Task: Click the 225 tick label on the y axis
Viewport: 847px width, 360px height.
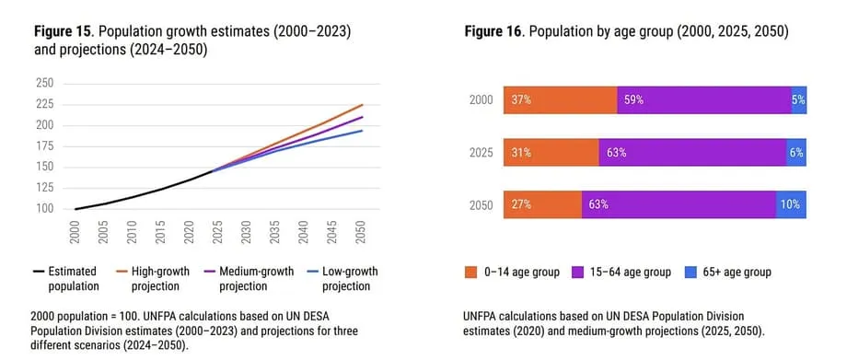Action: pos(46,104)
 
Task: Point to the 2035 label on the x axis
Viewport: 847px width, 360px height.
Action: pos(273,232)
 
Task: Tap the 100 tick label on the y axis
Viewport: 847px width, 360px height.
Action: pos(46,209)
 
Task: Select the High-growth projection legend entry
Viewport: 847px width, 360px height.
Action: pos(153,278)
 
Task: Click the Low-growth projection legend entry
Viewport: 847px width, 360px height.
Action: pos(342,278)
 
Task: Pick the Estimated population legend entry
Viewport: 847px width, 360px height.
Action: pos(64,278)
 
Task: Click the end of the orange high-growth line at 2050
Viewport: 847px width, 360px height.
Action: pos(363,104)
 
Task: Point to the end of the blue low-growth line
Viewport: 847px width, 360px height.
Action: pos(363,130)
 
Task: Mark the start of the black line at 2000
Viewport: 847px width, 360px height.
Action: pos(75,209)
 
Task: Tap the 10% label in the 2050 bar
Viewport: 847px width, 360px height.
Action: pos(790,205)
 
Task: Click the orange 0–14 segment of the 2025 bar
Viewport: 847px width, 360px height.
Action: pos(551,153)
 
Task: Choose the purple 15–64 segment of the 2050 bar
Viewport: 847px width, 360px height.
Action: pos(679,205)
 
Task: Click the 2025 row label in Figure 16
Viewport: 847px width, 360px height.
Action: pos(481,153)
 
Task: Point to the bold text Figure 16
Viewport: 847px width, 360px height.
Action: pos(494,32)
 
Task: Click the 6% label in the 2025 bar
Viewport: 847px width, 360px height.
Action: pos(796,153)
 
